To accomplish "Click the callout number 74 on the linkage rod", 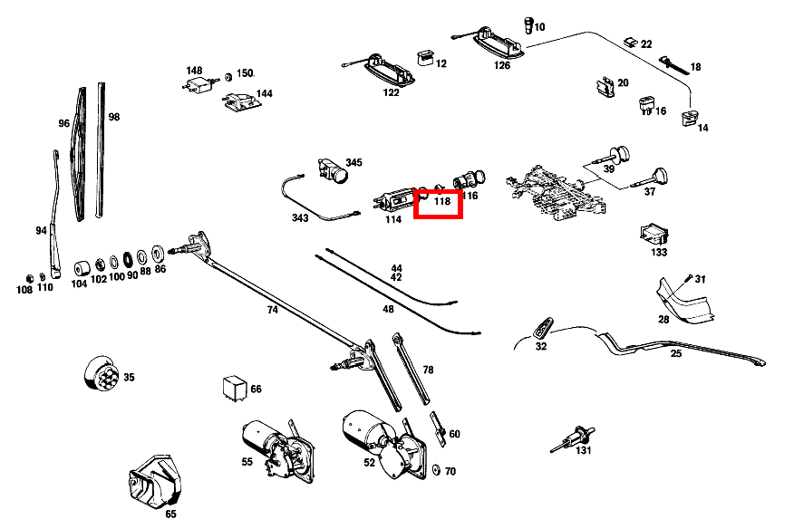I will pos(272,310).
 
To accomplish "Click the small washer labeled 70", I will pos(438,470).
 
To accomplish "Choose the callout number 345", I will pos(353,163).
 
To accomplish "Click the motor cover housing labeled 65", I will pos(156,481).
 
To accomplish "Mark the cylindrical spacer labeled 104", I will pos(82,267).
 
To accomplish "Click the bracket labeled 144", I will pos(240,103).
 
